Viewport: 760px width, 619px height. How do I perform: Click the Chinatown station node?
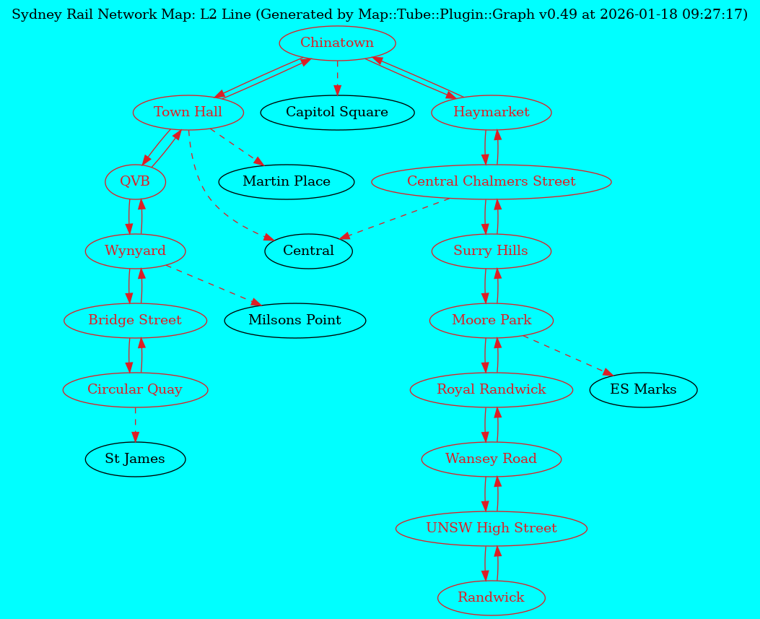coord(337,43)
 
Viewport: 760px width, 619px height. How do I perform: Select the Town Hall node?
coord(188,113)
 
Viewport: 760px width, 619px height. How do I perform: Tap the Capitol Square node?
coord(337,113)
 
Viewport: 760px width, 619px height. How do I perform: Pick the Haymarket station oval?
coord(492,113)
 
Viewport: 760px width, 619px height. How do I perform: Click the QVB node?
coord(135,182)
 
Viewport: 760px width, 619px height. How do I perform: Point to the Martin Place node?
coord(287,182)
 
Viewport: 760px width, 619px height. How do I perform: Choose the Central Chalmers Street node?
coord(492,182)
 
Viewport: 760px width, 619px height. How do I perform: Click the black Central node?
coord(308,251)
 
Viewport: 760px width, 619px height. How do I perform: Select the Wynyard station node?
coord(135,251)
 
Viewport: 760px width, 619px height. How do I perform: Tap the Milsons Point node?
coord(294,320)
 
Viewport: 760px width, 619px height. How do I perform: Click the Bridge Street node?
coord(135,320)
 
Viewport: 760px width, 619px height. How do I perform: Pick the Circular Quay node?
coord(135,390)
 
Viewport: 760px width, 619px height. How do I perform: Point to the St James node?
coord(135,459)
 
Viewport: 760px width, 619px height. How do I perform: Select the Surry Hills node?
coord(492,251)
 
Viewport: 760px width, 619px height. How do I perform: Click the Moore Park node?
coord(492,320)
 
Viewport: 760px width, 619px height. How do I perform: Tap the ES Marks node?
coord(643,390)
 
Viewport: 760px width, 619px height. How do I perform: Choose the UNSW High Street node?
coord(492,529)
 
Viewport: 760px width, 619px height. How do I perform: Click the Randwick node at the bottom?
coord(492,598)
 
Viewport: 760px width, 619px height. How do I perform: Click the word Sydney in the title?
coord(33,14)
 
